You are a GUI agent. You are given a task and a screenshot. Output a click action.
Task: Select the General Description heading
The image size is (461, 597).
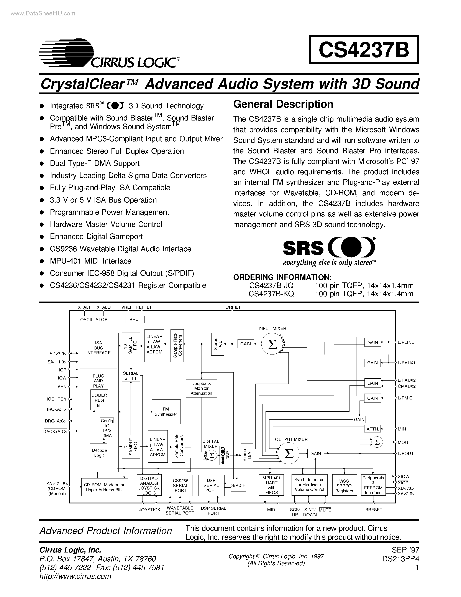click(283, 104)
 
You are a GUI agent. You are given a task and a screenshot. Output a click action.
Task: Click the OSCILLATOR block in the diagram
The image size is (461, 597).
click(94, 320)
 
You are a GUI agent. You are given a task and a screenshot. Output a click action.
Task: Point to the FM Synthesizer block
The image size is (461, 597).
click(166, 412)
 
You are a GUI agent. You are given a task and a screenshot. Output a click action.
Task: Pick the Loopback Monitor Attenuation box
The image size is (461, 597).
click(201, 388)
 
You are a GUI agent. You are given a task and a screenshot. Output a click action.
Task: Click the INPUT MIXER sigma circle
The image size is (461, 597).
click(272, 344)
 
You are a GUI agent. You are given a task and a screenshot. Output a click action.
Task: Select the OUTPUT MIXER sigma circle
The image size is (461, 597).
click(289, 454)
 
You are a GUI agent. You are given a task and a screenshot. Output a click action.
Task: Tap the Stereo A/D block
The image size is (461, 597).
click(217, 344)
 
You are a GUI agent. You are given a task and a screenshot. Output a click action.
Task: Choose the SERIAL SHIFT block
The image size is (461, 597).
click(131, 376)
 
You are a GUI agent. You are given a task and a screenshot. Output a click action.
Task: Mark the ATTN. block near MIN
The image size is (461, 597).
click(372, 429)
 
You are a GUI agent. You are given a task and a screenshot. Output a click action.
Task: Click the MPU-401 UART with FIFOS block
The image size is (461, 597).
click(271, 485)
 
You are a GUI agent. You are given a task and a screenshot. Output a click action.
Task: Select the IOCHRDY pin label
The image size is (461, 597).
click(57, 399)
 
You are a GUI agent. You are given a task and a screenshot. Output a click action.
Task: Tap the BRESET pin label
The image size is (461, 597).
click(373, 510)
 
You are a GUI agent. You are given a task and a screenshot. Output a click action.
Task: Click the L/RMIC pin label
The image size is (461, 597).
click(405, 398)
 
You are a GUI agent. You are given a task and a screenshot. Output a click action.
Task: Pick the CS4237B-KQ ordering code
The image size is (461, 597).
click(271, 294)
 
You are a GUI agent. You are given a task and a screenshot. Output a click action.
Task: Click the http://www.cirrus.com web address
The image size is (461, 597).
click(75, 576)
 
